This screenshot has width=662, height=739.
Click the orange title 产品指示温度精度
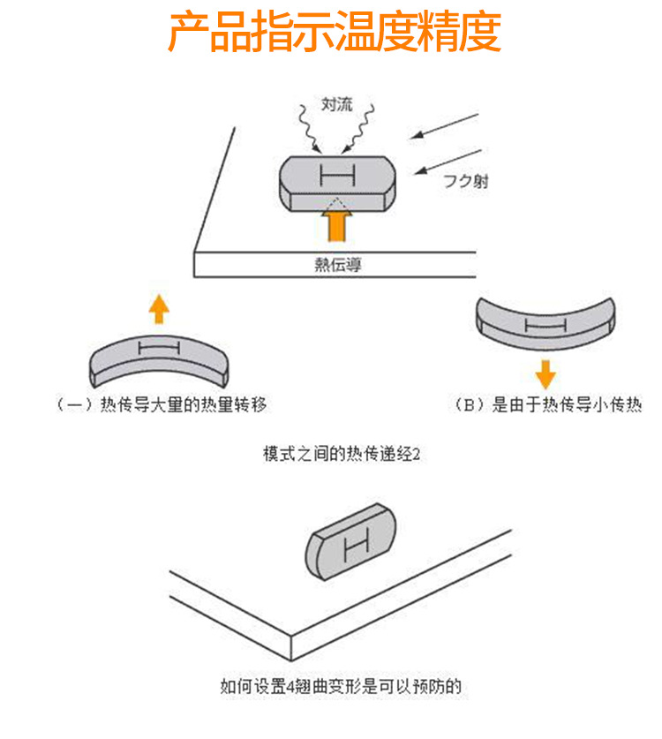pyautogui.click(x=334, y=33)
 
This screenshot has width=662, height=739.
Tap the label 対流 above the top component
pyautogui.click(x=335, y=105)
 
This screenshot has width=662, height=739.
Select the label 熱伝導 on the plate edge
pyautogui.click(x=336, y=264)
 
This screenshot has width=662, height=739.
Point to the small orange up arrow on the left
pyautogui.click(x=158, y=309)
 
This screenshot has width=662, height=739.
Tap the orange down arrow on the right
pyautogui.click(x=545, y=373)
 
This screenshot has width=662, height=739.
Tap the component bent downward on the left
pyautogui.click(x=159, y=358)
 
